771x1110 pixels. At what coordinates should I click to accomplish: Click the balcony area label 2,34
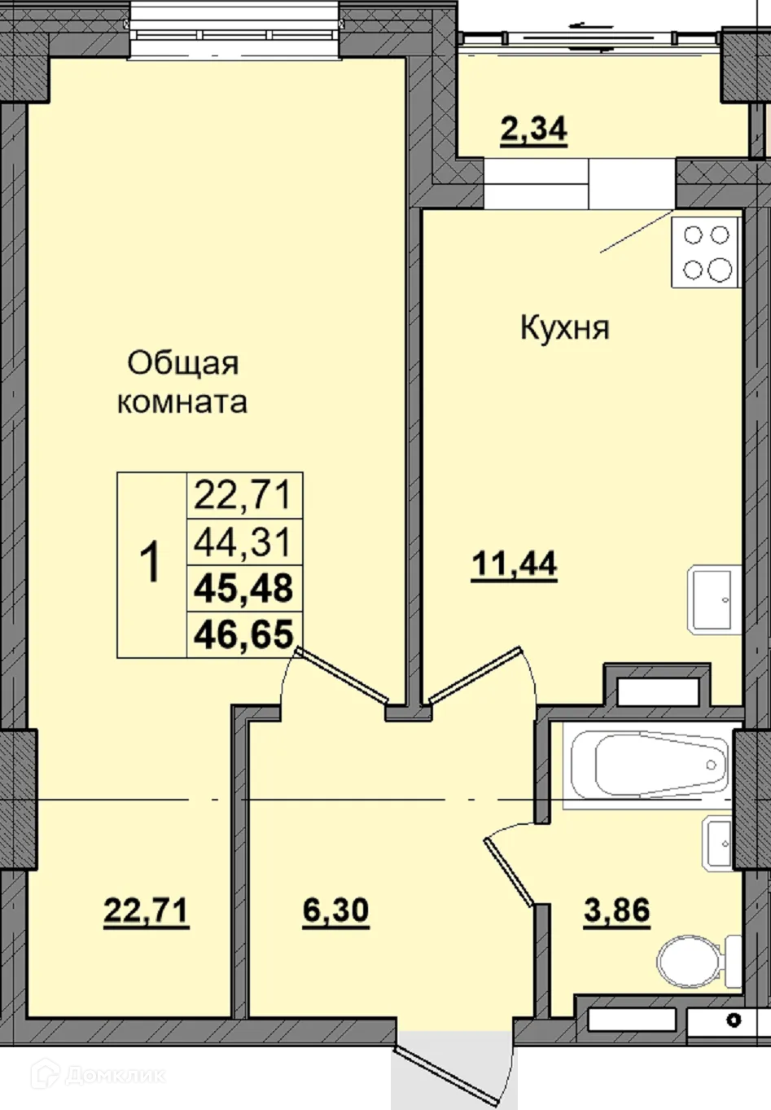tap(533, 130)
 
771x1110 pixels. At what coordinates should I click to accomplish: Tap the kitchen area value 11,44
tap(515, 564)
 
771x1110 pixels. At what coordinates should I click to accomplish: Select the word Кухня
tap(564, 328)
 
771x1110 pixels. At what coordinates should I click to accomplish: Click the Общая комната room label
tap(182, 383)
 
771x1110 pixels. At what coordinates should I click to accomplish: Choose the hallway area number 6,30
tap(335, 911)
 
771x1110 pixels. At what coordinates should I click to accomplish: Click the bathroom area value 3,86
tap(617, 910)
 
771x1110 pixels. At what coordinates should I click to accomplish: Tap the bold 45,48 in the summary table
tap(243, 588)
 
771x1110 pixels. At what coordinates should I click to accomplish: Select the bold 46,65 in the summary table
tap(243, 634)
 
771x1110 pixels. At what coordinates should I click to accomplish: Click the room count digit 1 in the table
tap(151, 564)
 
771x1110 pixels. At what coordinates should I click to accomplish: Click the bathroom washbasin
tap(718, 843)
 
